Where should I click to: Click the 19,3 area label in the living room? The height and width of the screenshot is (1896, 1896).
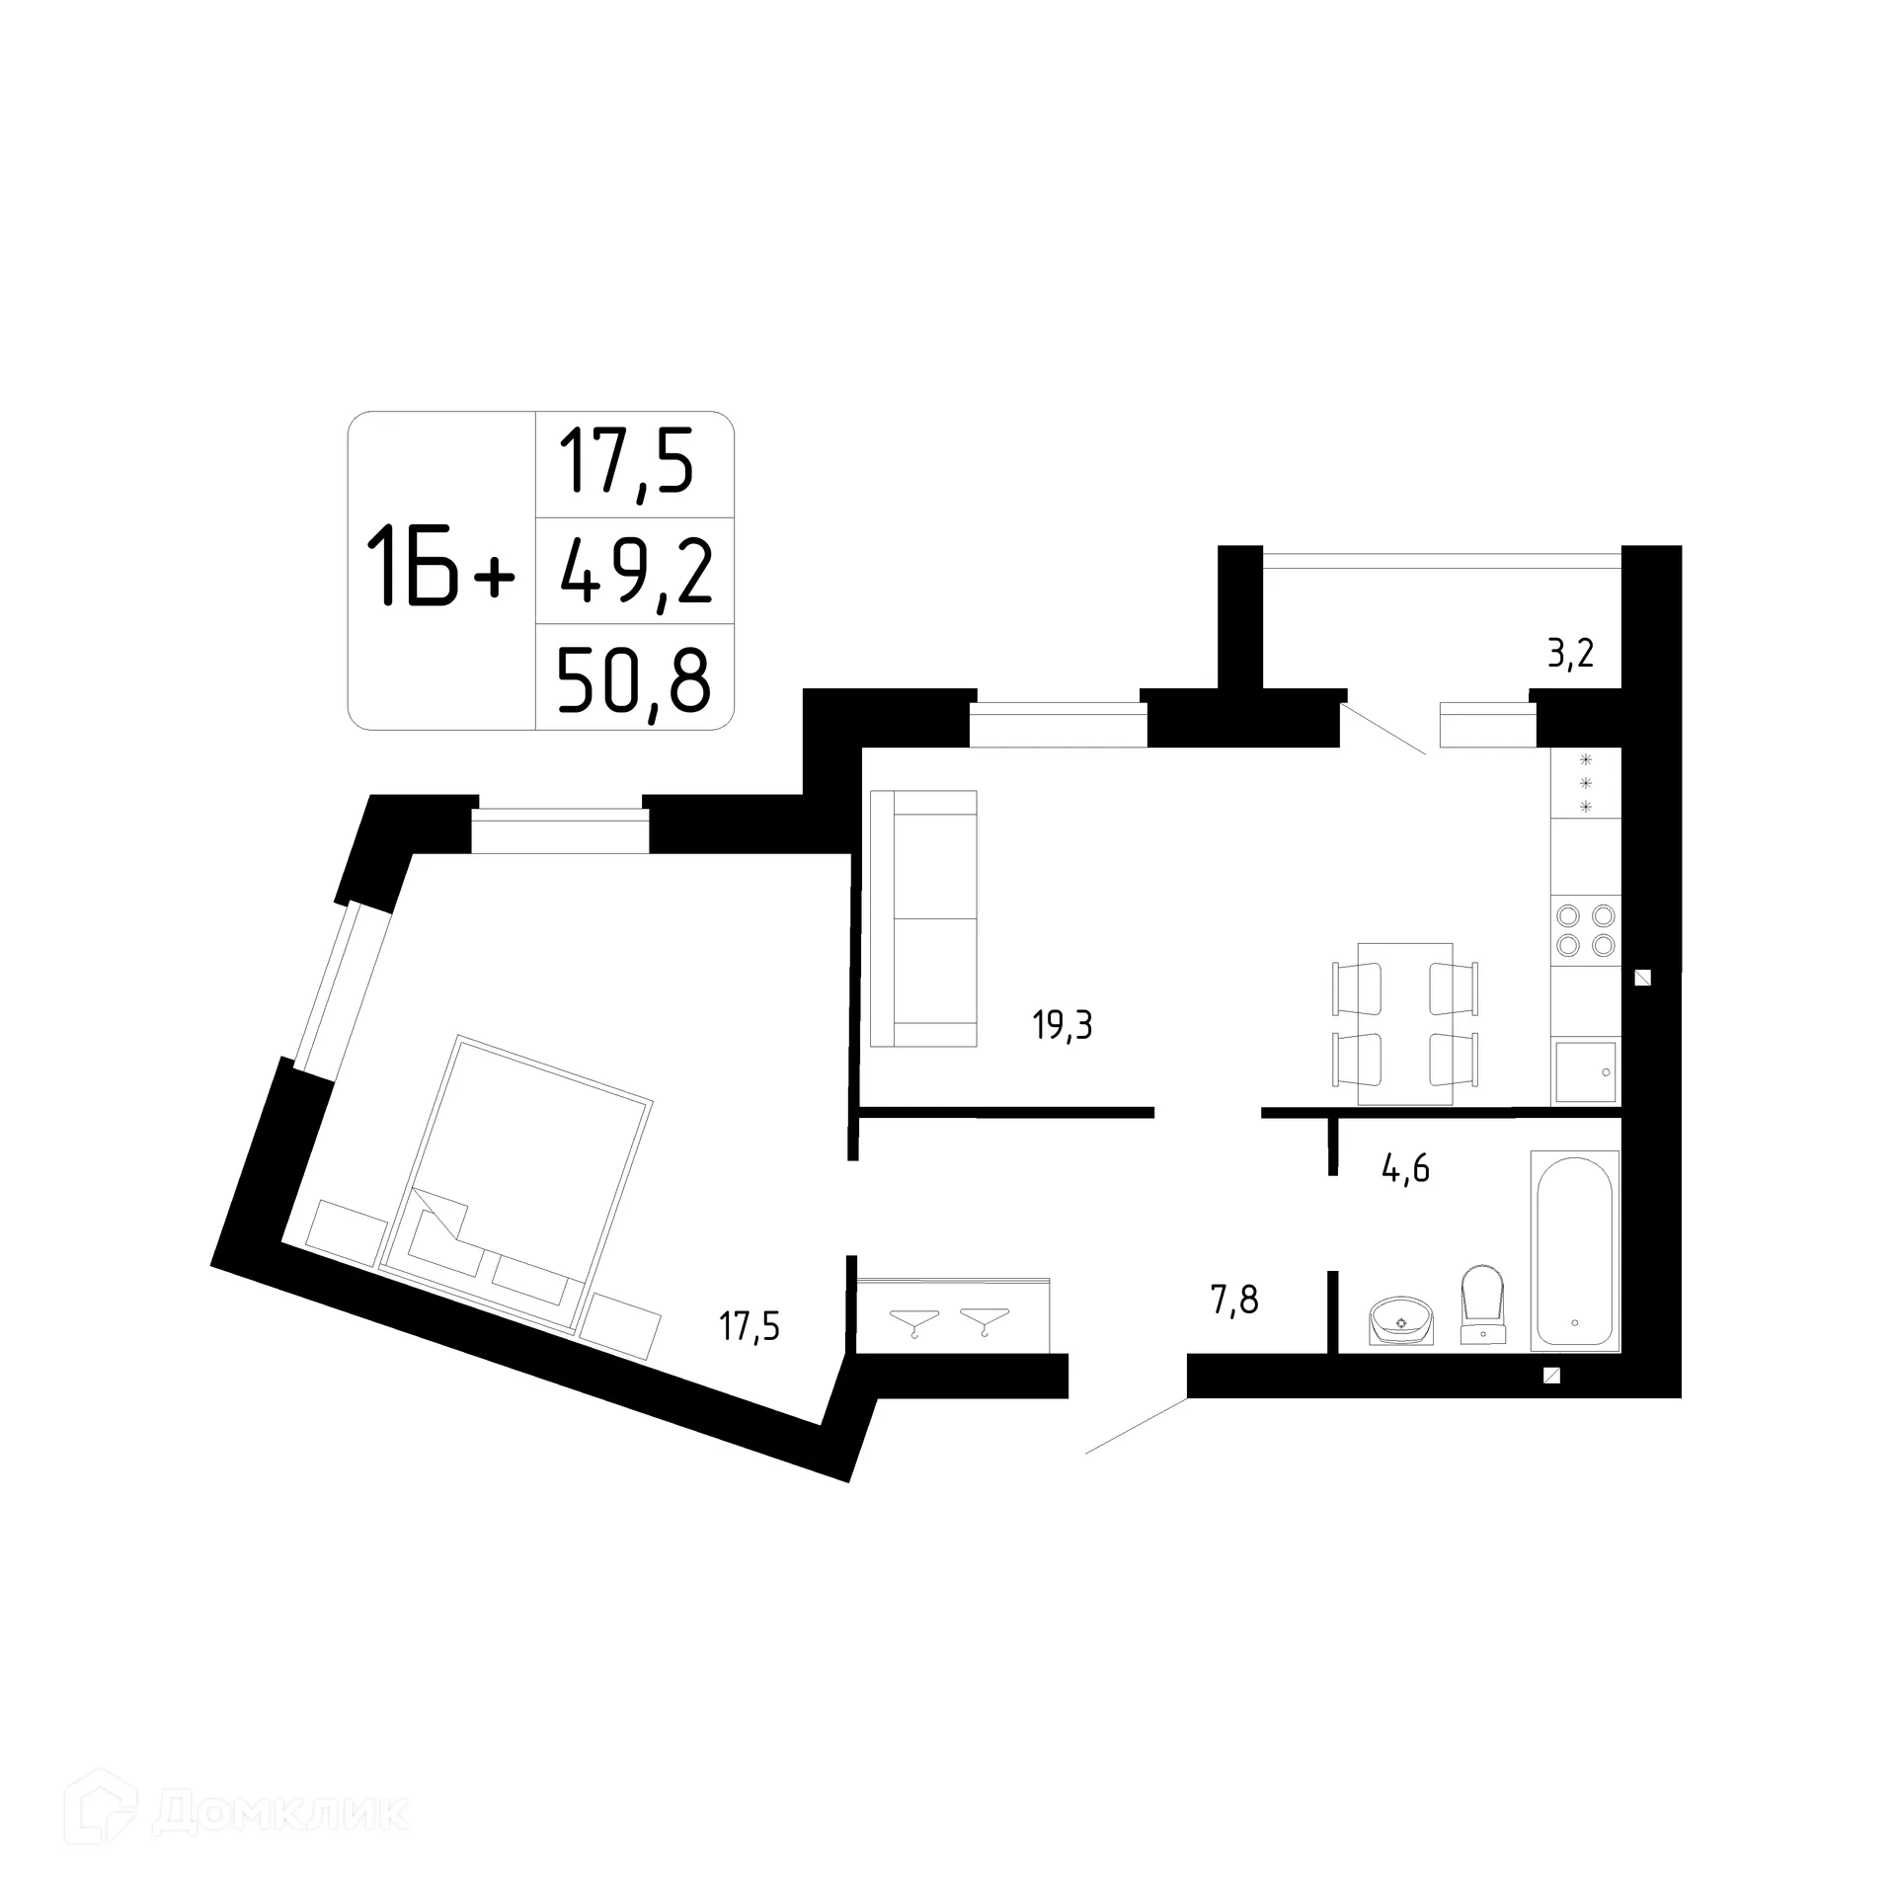coord(1063,1027)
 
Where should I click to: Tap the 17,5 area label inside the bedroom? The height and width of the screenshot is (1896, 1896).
coord(750,1326)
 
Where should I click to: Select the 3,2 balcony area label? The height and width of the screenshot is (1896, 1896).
coord(1570,653)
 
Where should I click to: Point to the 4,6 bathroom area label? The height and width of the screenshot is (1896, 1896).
coord(1405,1169)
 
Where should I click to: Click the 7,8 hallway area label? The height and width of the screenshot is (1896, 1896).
coord(1234,1300)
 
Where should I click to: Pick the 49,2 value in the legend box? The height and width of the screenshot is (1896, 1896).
coord(635,573)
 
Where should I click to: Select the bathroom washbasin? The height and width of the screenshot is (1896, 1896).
coord(1401,1321)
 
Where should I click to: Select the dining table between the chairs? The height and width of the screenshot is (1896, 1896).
coord(1405,1023)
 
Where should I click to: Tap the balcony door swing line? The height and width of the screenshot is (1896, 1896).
coord(1383,730)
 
